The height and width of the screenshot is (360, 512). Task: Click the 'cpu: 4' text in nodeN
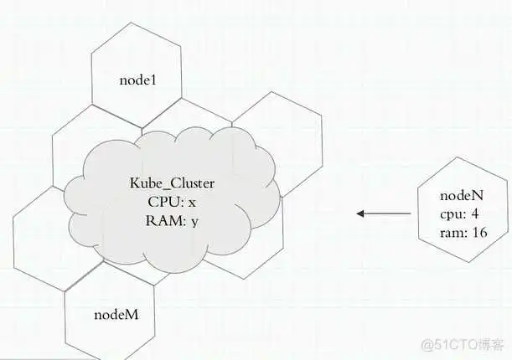(459, 213)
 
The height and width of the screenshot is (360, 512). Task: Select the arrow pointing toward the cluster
(383, 213)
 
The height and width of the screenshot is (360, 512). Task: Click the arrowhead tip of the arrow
(359, 213)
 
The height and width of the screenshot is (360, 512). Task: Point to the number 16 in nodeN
(478, 232)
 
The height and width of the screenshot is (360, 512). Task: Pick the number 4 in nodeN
(475, 213)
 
